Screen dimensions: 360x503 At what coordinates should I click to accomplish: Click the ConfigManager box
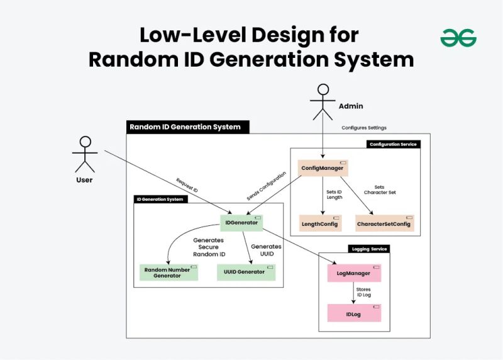tap(323, 168)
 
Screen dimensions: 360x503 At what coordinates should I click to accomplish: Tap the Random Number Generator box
tap(168, 273)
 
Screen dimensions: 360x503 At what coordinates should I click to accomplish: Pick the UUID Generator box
tap(246, 273)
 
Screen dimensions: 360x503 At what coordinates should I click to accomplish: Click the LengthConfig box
tap(321, 223)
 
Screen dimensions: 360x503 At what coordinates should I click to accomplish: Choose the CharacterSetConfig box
tap(384, 223)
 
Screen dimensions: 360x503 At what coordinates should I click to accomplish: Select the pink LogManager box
tap(354, 274)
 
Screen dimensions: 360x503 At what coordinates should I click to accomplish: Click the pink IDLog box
tap(354, 313)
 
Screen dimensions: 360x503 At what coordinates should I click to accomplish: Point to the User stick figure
tap(84, 154)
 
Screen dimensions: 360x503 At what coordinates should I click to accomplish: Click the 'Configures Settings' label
tap(364, 128)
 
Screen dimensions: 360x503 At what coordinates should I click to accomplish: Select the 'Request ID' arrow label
tap(187, 184)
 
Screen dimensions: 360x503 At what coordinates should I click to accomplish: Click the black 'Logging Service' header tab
tap(369, 249)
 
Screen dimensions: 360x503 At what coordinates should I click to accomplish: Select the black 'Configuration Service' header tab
tap(393, 144)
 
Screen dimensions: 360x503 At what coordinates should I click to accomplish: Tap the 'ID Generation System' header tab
tap(160, 200)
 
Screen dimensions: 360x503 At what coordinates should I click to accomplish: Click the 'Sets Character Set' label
tap(380, 189)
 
